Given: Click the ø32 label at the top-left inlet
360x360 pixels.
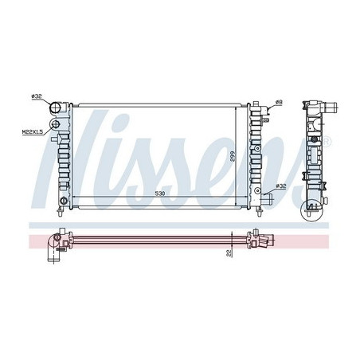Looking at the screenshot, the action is pos(37,96).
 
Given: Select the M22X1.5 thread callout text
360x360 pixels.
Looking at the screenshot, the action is pos(33,131).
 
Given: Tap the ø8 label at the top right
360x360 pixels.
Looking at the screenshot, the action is pos(279,102).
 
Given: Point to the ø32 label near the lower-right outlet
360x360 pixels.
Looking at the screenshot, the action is pos(280,186).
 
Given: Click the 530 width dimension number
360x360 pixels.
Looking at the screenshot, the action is pos(160,194).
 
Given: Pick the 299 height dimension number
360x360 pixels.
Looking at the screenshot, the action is pos(233,157).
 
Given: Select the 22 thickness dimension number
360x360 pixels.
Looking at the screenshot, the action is pos(229,252).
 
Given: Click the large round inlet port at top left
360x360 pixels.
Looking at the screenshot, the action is pos(56,108).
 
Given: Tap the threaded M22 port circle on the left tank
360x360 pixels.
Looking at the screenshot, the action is pos(56,124).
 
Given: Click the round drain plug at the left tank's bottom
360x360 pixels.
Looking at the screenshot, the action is pos(63,201).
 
